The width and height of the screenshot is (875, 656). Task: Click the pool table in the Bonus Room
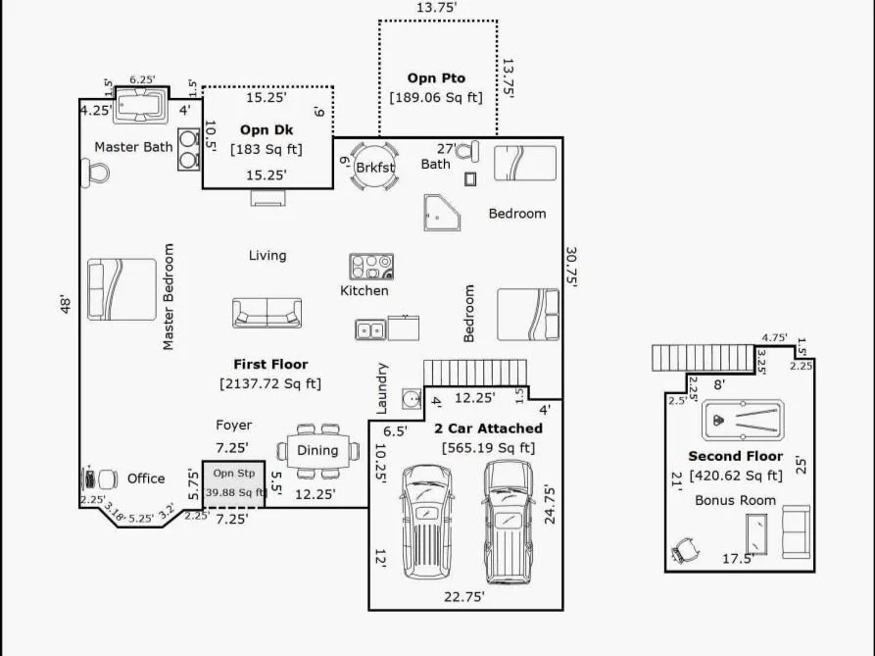[x=743, y=421]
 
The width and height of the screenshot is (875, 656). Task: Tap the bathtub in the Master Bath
[x=141, y=106]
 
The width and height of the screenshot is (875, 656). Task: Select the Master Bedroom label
[x=168, y=296]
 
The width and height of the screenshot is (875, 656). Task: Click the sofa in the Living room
[x=267, y=313]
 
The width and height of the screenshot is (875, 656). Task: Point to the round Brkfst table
[x=374, y=167]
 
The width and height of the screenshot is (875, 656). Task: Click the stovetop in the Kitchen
[x=371, y=267]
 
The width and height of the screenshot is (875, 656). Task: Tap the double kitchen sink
[x=370, y=329]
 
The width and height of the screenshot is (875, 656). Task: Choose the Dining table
[x=318, y=450]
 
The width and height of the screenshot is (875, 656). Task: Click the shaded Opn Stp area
[x=233, y=484]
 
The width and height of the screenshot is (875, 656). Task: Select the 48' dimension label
[x=66, y=304]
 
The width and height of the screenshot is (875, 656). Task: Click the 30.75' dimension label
[x=572, y=267]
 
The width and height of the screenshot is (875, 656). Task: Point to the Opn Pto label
[x=436, y=78]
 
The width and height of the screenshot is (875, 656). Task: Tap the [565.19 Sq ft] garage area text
[x=488, y=448]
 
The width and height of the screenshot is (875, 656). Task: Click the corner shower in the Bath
[x=441, y=213]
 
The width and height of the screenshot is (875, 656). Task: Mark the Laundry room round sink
[x=412, y=399]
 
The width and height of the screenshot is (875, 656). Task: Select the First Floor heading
[x=270, y=364]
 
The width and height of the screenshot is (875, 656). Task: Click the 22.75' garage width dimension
[x=464, y=597]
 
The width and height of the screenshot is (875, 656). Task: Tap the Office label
[x=146, y=479]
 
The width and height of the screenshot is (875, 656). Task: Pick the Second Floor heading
[x=736, y=456]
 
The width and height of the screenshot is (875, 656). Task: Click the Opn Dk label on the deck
[x=267, y=129]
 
